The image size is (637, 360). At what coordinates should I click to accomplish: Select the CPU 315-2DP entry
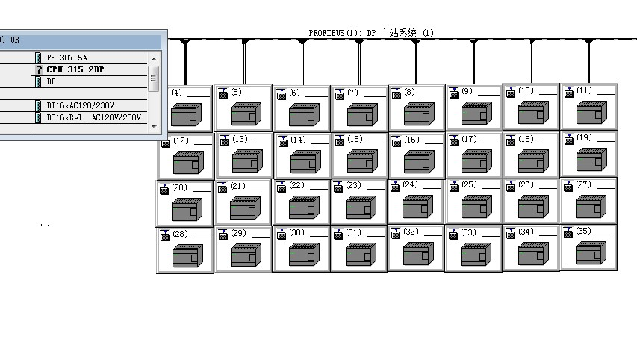[x=75, y=69]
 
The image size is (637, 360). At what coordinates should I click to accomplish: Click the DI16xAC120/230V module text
[x=80, y=105]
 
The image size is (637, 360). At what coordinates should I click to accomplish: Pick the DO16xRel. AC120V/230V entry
[x=93, y=117]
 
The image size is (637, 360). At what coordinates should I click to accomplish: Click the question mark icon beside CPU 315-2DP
[x=39, y=70]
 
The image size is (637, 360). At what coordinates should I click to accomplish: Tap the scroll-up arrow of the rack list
[x=154, y=59]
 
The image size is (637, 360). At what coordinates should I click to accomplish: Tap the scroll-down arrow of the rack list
[x=154, y=126]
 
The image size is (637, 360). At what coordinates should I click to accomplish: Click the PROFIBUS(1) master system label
[x=371, y=33]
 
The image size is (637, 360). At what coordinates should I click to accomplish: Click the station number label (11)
[x=584, y=90]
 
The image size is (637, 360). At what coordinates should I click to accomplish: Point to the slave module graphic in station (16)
[x=419, y=161]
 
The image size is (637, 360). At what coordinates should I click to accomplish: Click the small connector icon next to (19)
[x=569, y=139]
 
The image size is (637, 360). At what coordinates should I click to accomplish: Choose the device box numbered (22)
[x=301, y=202]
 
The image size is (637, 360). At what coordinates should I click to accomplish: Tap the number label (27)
[x=583, y=184]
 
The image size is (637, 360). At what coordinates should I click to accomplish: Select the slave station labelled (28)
[x=185, y=250]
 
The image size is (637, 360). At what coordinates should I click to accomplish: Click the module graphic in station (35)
[x=591, y=252]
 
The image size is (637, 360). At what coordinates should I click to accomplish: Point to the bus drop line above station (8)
[x=416, y=62]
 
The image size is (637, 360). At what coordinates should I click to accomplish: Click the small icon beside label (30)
[x=281, y=234]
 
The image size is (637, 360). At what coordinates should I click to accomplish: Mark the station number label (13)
[x=240, y=139]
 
